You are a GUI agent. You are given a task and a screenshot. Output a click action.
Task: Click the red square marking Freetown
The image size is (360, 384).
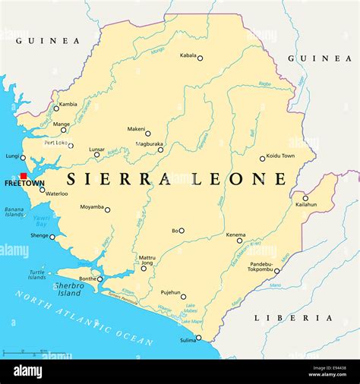click(24, 176)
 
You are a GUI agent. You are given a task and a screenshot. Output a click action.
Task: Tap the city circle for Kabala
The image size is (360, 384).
click(200, 58)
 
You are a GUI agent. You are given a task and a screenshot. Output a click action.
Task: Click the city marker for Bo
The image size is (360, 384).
click(182, 231)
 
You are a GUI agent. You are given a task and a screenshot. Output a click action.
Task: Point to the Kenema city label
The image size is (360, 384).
click(235, 234)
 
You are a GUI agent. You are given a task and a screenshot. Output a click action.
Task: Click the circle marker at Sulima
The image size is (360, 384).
click(199, 338)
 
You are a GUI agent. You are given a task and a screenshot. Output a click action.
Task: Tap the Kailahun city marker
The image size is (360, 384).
click(305, 198)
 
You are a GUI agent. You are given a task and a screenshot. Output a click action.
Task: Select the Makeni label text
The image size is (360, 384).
click(136, 129)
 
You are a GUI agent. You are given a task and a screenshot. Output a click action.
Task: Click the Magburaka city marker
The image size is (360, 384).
click(160, 150)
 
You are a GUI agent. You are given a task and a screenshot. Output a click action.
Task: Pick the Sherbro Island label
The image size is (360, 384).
click(68, 289)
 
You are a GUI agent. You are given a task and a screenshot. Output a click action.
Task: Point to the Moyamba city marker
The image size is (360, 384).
click(107, 209)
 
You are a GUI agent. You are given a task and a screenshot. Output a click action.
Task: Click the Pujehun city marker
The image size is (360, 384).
click(183, 297)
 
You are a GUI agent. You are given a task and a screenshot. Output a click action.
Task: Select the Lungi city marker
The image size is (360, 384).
click(23, 158)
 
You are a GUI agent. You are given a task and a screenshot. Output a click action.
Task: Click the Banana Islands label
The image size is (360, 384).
click(14, 212)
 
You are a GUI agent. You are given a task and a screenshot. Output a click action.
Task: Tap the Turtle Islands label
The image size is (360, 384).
click(37, 273)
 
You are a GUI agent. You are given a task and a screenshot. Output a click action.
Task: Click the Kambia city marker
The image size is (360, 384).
click(55, 109)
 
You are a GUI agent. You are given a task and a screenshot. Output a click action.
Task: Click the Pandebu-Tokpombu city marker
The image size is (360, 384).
click(276, 271)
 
